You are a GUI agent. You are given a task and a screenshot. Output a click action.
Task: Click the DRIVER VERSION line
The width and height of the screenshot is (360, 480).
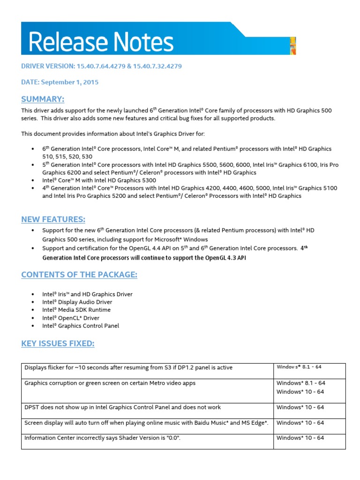coord(101,66)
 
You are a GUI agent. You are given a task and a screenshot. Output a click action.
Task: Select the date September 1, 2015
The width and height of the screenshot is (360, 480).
coord(69,82)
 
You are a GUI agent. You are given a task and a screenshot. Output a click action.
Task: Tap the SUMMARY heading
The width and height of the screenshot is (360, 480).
coord(43,99)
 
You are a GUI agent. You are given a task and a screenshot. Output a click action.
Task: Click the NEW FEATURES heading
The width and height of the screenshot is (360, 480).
coord(53,219)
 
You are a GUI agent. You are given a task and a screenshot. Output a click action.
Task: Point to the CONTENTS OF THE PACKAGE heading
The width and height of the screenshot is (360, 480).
coord(79,275)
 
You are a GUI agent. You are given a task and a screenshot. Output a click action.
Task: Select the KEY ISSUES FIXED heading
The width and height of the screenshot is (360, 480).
coord(58,344)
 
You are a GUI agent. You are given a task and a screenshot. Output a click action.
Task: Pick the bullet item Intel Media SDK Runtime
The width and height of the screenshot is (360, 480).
coord(76,310)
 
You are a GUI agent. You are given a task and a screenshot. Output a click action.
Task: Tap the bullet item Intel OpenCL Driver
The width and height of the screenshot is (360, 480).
coord(70,318)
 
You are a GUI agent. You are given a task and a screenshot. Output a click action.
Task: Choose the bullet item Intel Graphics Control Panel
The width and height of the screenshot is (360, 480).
coord(81,326)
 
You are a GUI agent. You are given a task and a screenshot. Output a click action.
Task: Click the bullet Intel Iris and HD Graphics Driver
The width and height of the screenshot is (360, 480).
coord(87,294)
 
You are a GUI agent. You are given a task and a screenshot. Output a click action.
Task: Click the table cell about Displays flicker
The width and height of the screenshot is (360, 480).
coord(128,367)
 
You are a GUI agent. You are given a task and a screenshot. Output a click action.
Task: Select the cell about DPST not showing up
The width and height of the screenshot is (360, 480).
coord(122,407)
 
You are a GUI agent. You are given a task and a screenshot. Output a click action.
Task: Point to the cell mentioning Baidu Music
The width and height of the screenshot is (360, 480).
coord(146,423)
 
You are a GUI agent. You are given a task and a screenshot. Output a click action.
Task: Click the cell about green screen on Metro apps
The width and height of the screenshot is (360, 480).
coord(110,383)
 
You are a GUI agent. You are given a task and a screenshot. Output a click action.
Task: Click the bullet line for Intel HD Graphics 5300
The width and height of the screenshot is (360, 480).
coord(99,180)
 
